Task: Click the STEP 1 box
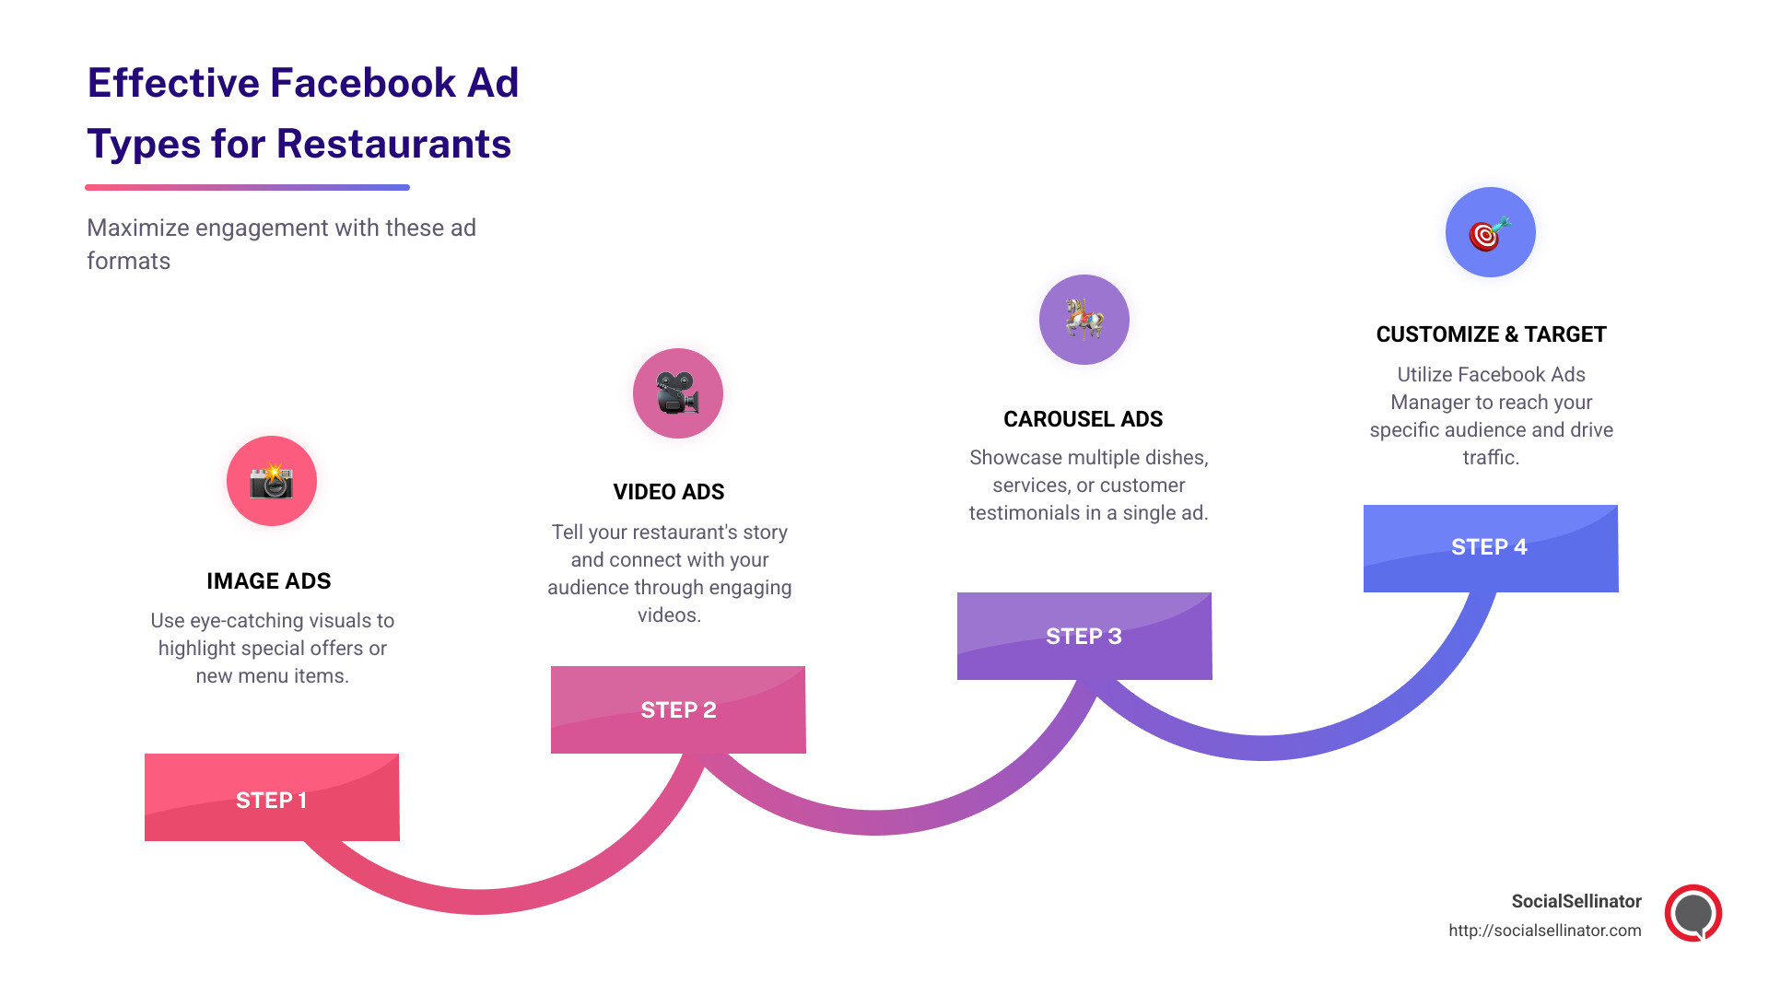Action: (272, 798)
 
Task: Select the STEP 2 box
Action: (678, 709)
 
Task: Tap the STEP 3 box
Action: (1084, 636)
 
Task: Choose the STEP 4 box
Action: (1491, 547)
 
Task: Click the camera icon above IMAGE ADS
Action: (272, 481)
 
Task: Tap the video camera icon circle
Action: (678, 393)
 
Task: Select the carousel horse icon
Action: (1084, 320)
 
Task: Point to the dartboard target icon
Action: (1490, 232)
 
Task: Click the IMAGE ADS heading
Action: (268, 581)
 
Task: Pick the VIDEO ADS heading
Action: (669, 492)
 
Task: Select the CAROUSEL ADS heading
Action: (1083, 419)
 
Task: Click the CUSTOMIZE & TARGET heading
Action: (1491, 334)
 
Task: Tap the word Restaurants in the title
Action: (393, 145)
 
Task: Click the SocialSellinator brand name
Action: (1576, 901)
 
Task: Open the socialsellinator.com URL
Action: (1544, 931)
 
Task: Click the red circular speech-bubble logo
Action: (1693, 913)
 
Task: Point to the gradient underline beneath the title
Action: (247, 187)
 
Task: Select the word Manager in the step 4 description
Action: (1429, 403)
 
